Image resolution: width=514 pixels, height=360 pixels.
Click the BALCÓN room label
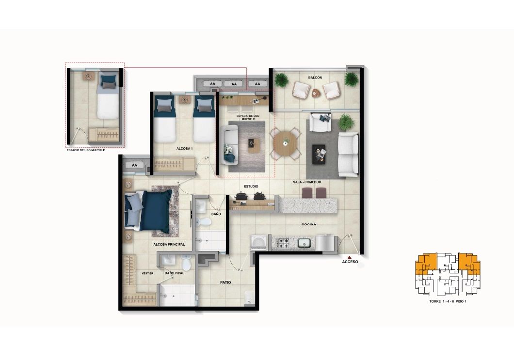pos(315,78)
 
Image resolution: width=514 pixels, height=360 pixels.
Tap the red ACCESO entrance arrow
pos(350,257)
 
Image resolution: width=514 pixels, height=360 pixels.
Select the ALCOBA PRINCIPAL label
pos(169,245)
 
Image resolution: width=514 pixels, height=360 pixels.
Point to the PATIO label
pos(225,282)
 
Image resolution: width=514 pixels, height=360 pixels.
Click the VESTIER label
pos(147,273)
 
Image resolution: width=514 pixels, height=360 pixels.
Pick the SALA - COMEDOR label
pos(307,182)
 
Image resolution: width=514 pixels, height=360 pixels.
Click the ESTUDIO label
pos(251,186)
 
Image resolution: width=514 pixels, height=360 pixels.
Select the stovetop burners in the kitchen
pos(281,243)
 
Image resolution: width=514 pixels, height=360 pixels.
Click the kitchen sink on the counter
pos(305,243)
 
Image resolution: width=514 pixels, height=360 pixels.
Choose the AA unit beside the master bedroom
pos(134,165)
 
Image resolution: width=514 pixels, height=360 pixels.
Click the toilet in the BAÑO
pos(206,222)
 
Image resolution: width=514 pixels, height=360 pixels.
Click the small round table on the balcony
pos(317,93)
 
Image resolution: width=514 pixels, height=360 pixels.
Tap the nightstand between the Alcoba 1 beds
pos(184,100)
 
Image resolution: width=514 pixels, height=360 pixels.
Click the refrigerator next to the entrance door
pos(328,243)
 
